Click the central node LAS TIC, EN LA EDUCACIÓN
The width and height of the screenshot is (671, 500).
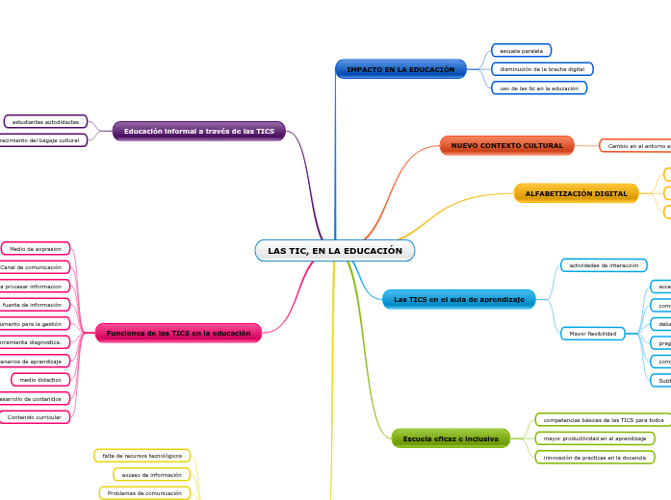click(x=335, y=251)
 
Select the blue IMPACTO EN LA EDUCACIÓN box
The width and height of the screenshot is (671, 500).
click(x=400, y=69)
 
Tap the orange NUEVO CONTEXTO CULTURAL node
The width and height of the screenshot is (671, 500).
click(x=506, y=145)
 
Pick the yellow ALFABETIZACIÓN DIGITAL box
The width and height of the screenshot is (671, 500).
click(x=576, y=193)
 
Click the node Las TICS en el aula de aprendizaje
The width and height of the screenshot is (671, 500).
click(x=458, y=300)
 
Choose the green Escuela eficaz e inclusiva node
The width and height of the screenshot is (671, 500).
click(x=451, y=438)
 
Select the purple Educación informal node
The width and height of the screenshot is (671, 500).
click(x=198, y=131)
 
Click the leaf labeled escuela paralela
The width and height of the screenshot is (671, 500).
click(x=521, y=50)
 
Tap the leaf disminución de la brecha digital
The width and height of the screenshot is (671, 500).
click(x=542, y=69)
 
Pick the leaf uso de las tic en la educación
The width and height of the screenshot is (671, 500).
click(x=539, y=87)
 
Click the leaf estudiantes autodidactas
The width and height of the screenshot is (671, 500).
click(x=45, y=122)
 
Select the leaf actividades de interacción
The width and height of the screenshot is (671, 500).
click(x=604, y=265)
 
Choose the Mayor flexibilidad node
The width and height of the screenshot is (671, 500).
click(x=592, y=334)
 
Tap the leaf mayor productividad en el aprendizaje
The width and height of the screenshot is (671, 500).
click(x=594, y=438)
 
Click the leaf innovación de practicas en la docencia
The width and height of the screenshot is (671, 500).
click(x=594, y=457)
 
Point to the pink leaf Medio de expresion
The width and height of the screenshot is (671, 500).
click(x=36, y=249)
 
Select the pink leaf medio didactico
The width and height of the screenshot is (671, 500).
click(x=40, y=380)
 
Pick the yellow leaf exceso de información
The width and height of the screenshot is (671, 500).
click(x=151, y=474)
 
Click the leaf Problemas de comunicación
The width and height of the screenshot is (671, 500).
click(x=144, y=492)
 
